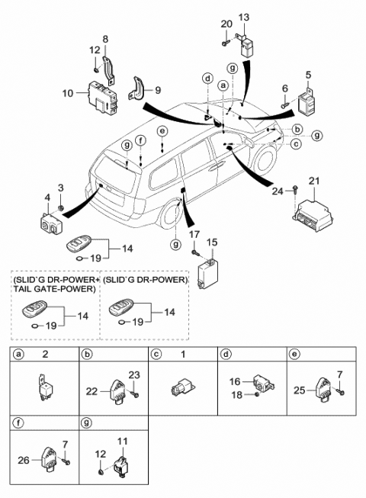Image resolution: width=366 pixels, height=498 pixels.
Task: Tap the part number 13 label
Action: tap(245, 18)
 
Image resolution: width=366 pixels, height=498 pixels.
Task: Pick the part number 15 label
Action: tap(213, 242)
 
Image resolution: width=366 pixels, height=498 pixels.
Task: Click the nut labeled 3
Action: tap(61, 208)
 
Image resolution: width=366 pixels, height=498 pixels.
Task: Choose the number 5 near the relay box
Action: tap(309, 75)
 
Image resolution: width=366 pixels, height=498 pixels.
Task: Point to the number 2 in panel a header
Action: tap(45, 355)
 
